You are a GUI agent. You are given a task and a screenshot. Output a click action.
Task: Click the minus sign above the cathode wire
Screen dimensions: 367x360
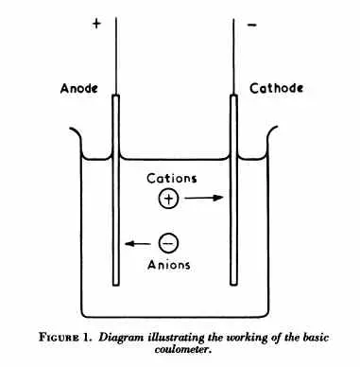[251, 26]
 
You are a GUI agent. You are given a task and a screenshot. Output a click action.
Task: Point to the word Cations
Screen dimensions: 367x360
[171, 178]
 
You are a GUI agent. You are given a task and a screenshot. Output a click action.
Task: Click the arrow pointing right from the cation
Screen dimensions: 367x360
[203, 199]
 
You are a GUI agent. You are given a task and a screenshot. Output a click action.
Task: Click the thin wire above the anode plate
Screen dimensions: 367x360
[115, 47]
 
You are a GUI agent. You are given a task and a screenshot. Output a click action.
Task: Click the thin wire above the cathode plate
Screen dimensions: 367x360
[232, 47]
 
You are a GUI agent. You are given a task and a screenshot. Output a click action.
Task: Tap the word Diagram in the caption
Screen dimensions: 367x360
[124, 336]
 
